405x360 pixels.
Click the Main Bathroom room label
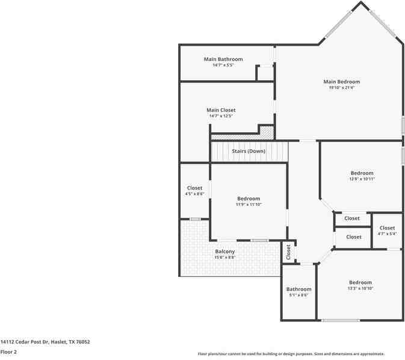tap(223, 59)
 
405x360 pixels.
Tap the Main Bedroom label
tap(341, 82)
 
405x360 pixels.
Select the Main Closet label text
tap(221, 110)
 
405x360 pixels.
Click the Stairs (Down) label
tap(249, 151)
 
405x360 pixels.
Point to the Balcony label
tap(225, 252)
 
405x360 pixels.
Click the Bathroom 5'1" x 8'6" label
tap(298, 289)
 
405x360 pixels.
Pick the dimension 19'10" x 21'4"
tap(341, 88)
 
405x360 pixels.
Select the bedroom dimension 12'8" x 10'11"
tap(362, 179)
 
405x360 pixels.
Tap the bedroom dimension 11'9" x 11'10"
tap(249, 205)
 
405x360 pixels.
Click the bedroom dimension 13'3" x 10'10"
tap(360, 288)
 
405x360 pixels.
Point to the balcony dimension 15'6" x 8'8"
tap(225, 258)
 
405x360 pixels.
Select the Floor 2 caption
tap(8, 352)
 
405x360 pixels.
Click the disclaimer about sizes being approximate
tap(291, 354)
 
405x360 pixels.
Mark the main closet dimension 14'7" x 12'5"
tap(221, 116)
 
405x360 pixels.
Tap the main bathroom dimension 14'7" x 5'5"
tap(223, 65)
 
